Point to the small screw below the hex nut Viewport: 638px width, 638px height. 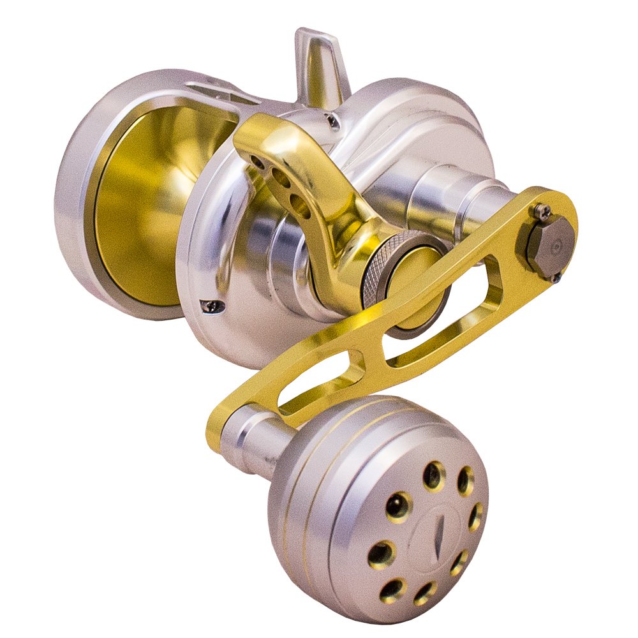coord(556,277)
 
